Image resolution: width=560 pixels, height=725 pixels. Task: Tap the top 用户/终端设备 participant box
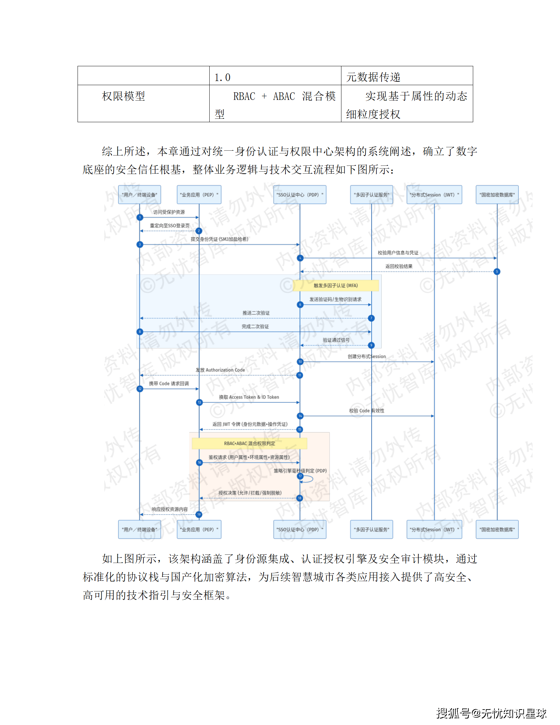pyautogui.click(x=139, y=195)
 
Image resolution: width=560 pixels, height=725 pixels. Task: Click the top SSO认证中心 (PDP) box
pyautogui.click(x=300, y=195)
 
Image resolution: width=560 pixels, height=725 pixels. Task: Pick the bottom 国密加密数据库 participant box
pyautogui.click(x=497, y=529)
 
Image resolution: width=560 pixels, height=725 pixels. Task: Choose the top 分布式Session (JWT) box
pyautogui.click(x=434, y=195)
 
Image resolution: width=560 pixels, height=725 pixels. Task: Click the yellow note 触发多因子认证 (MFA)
pyautogui.click(x=336, y=286)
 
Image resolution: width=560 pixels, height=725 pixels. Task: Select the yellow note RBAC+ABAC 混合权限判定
pyautogui.click(x=249, y=444)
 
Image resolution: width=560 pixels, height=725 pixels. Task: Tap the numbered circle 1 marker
pyautogui.click(x=140, y=217)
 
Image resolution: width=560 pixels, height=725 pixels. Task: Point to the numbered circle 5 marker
pyautogui.click(x=497, y=272)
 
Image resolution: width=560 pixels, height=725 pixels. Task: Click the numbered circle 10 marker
pyautogui.click(x=300, y=361)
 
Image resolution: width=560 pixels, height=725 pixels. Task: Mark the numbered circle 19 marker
pyautogui.click(x=199, y=515)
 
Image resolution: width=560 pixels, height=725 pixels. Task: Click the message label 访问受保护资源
pyautogui.click(x=169, y=212)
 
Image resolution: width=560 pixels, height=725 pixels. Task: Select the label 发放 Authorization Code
pyautogui.click(x=220, y=370)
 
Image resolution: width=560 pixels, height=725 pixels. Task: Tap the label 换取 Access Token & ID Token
pyautogui.click(x=249, y=397)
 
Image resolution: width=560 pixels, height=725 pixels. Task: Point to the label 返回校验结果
pyautogui.click(x=399, y=266)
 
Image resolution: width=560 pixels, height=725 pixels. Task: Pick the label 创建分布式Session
pyautogui.click(x=366, y=356)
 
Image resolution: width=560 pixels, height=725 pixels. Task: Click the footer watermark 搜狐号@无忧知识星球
pyautogui.click(x=491, y=713)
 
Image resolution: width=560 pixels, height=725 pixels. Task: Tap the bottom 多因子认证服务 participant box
pyautogui.click(x=371, y=529)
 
